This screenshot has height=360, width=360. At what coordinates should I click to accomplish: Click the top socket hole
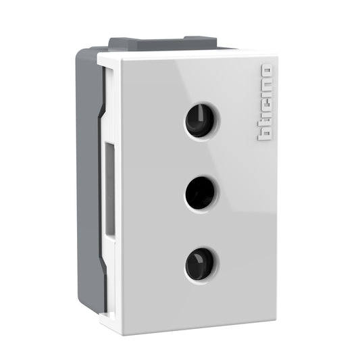(x=200, y=121)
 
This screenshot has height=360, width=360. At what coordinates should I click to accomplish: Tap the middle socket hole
(x=200, y=192)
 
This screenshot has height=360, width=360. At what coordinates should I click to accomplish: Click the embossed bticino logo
(x=264, y=103)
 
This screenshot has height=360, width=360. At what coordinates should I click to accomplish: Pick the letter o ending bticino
(x=264, y=70)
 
